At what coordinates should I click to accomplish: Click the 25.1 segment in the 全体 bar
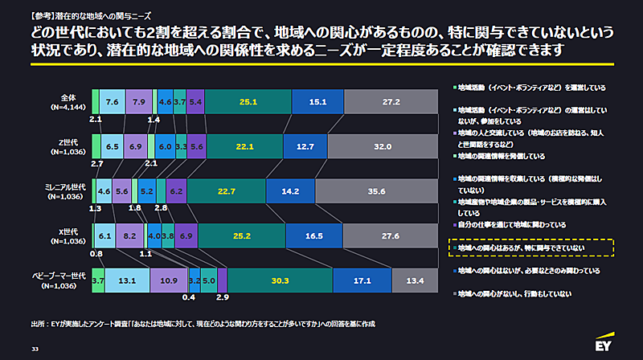pos(248,102)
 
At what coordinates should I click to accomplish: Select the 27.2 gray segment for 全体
pos(391,102)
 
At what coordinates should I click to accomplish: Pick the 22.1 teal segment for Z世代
pos(245,147)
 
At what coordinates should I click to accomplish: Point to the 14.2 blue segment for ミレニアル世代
pos(290,191)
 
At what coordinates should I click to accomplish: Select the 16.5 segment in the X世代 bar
pos(315,236)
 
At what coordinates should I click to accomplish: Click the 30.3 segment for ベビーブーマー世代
pos(280,280)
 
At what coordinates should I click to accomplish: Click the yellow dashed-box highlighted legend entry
pos(530,248)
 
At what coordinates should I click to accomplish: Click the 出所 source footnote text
pos(201,325)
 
